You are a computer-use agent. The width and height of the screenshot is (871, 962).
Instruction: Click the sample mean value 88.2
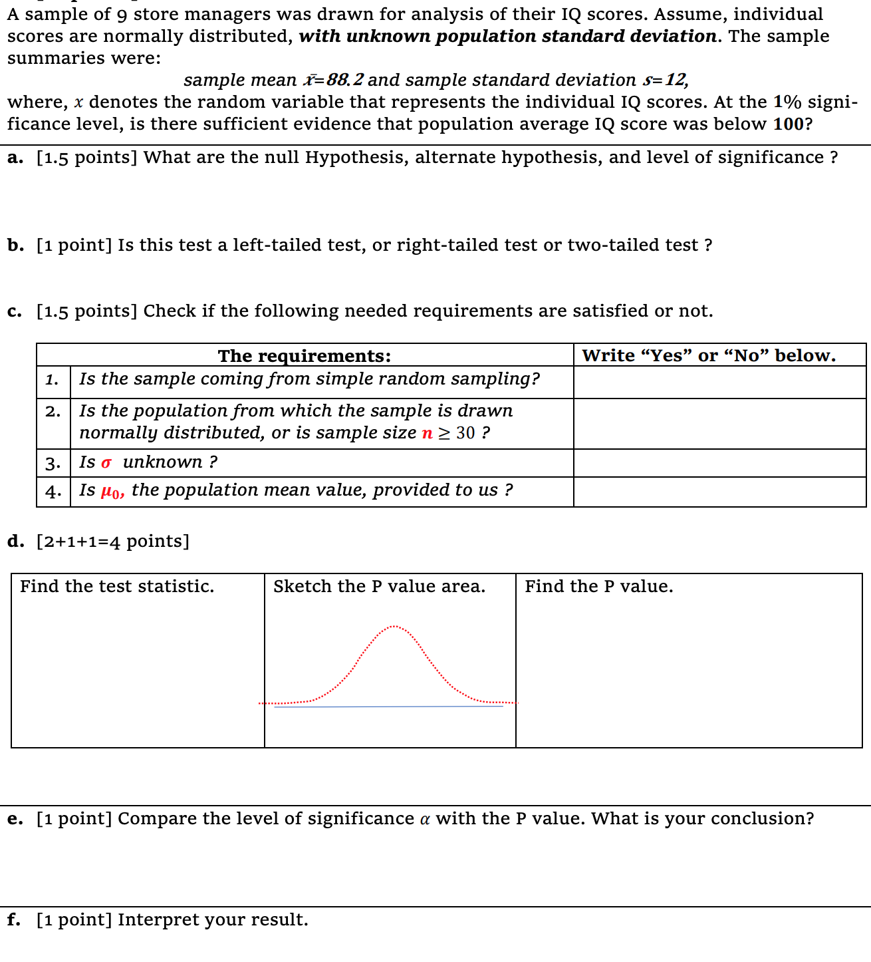(345, 80)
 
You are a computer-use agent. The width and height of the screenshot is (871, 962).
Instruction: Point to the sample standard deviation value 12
(676, 80)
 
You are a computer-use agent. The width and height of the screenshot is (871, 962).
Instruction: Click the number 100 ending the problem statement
(788, 124)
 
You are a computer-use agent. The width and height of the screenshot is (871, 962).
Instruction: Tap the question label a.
(15, 158)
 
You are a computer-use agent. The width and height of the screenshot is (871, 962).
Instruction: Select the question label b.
(15, 245)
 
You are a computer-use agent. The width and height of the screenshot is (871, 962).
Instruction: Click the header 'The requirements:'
(305, 356)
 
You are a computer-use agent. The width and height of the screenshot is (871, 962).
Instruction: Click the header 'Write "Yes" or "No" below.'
(709, 355)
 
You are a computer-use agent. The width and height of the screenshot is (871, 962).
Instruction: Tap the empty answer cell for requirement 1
(719, 382)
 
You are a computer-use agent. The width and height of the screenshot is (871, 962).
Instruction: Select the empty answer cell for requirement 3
(719, 463)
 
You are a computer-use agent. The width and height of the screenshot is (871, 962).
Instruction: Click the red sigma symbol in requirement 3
(106, 463)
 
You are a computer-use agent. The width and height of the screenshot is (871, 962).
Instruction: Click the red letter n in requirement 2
(427, 433)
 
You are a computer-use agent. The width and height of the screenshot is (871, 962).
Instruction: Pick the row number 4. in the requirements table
(53, 492)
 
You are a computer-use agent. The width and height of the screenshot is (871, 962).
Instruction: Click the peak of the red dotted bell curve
(395, 626)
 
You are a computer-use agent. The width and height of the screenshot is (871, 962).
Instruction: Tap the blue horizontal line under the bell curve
(389, 707)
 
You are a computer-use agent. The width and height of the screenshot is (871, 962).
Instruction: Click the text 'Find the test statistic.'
(117, 586)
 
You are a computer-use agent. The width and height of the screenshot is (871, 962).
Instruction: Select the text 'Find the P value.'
(598, 586)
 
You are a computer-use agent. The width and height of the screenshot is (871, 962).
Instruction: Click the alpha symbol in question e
(425, 820)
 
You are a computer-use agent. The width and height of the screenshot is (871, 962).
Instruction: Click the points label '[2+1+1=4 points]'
(112, 542)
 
